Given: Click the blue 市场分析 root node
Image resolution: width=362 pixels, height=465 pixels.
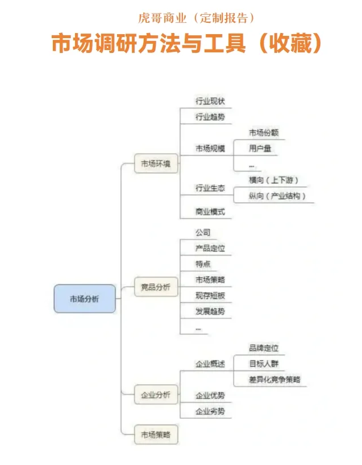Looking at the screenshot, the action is pos(85,299).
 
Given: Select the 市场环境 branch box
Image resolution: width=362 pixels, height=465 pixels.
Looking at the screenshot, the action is pos(156,164).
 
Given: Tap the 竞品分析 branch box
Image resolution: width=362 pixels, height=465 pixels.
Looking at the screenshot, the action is pos(156,287).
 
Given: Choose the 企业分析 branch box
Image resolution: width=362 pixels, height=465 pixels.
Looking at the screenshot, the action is pos(156,394).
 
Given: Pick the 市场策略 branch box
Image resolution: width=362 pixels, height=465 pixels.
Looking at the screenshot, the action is pos(156,435).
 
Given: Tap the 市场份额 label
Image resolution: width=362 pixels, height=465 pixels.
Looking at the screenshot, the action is pos(263,133).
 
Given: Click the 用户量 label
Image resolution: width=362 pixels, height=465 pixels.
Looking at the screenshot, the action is pos(260,149).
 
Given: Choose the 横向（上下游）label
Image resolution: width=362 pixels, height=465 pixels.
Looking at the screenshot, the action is pos(273,180).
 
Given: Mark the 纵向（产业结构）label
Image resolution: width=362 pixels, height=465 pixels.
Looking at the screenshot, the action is pos(277,196).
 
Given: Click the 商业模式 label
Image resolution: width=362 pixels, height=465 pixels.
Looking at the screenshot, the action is pos(210,212).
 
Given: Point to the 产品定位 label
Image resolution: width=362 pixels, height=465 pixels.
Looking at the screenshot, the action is pos(210,248).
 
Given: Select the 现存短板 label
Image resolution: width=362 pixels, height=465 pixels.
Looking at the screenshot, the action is pos(210,296).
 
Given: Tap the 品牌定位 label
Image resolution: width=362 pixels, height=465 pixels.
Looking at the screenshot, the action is pos(263,348).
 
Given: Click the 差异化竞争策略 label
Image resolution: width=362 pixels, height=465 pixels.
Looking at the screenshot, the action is pos(274,380).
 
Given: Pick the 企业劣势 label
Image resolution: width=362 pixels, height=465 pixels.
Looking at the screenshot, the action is pos(210,411).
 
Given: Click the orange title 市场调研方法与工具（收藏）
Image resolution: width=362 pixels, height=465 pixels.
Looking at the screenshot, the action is pos(186,44).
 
